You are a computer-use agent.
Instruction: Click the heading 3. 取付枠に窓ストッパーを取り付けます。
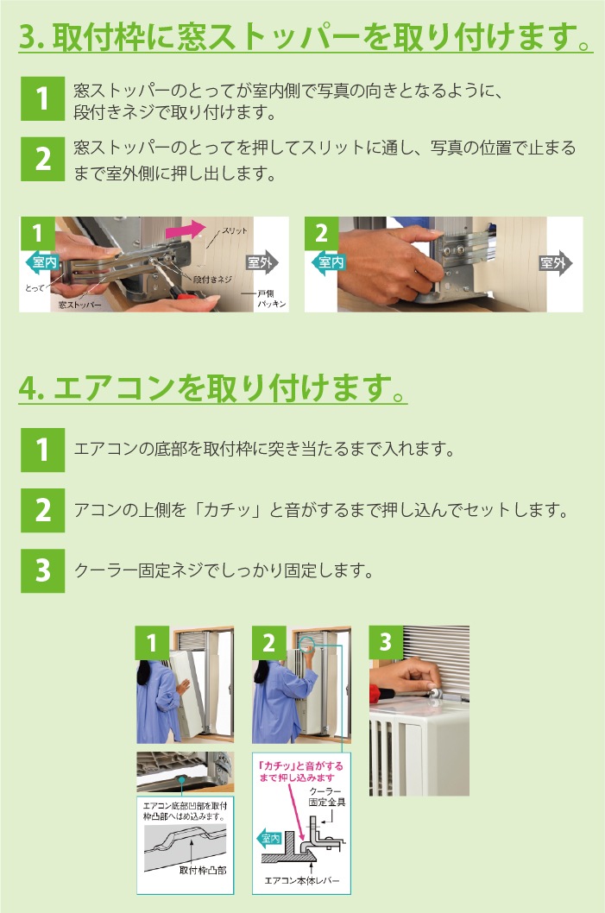[306, 36]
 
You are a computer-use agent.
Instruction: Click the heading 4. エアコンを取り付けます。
[212, 387]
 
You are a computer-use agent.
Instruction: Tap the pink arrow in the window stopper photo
[186, 230]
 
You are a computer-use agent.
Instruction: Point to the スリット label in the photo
[234, 230]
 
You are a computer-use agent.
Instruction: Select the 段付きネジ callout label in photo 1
[212, 280]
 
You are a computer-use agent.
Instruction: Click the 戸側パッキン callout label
[271, 299]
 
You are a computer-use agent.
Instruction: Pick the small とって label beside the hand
[35, 287]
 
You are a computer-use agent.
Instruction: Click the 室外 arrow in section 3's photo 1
[262, 262]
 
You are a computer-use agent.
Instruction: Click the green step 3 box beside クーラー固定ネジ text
[42, 570]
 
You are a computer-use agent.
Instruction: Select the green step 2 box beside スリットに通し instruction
[42, 159]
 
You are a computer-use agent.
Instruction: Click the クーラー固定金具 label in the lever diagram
[326, 797]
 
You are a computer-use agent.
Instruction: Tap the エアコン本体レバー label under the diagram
[301, 881]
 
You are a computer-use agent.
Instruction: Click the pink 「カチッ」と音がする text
[301, 766]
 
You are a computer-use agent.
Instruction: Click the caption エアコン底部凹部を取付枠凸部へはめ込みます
[186, 811]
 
